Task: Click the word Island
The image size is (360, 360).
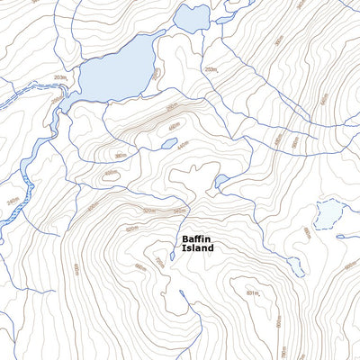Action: pos(197,248)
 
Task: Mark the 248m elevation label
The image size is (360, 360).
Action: pos(13,202)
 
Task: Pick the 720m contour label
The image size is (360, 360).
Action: pos(159,261)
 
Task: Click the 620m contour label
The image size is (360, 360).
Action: pos(131,229)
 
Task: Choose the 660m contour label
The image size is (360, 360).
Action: pos(139,266)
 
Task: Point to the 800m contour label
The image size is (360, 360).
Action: pos(279,319)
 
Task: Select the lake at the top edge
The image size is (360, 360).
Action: pos(191,16)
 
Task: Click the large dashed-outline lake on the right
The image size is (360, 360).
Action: pos(328,213)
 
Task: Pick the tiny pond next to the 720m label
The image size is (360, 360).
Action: pos(171,256)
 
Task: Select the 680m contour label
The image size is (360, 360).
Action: pos(306,232)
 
